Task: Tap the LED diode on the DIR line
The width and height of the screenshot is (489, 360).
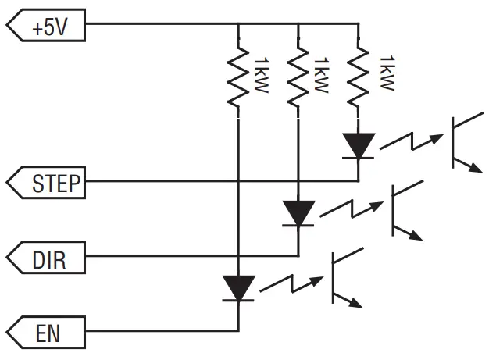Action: [x=298, y=213]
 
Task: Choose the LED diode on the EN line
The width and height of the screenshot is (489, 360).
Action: [x=237, y=287]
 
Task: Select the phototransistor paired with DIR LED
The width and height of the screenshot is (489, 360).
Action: [x=403, y=209]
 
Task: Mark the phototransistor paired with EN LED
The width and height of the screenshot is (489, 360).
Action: [x=343, y=277]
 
